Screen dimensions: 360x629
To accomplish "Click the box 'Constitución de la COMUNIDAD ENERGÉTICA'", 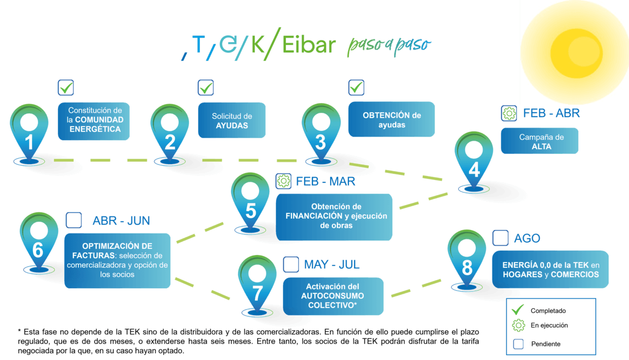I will click(93, 121).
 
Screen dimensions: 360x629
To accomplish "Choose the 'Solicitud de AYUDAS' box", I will click(232, 121).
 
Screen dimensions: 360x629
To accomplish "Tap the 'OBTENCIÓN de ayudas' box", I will click(392, 119).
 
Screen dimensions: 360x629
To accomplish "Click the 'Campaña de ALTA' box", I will click(540, 141).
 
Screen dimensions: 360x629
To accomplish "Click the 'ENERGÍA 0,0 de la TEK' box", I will click(550, 269).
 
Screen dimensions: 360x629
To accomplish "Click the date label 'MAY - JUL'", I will click(332, 264).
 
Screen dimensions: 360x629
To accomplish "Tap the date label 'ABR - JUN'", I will click(121, 220).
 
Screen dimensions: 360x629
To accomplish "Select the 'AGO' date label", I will click(527, 238).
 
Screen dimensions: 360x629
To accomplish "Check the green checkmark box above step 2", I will click(205, 88).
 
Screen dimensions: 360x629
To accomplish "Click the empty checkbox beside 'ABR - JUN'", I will click(74, 220).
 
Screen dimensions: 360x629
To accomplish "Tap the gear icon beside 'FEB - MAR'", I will click(283, 182).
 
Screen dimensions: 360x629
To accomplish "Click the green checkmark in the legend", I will click(517, 310).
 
